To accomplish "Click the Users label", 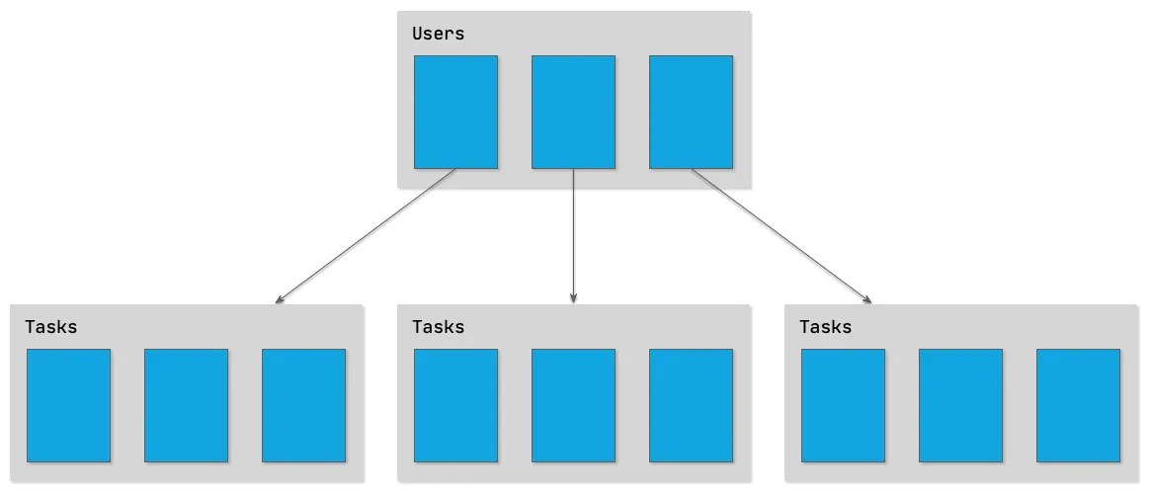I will (x=438, y=34).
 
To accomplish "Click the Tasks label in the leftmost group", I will (x=51, y=326).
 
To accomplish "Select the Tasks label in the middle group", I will (x=438, y=326).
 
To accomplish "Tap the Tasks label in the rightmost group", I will (x=825, y=326).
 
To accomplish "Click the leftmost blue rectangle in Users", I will (x=455, y=112).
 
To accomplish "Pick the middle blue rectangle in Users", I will (x=573, y=112).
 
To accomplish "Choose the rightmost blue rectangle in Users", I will (x=691, y=112).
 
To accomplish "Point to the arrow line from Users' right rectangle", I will (x=781, y=234).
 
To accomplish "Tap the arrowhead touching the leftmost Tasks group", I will (x=282, y=297).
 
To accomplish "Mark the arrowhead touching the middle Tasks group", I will (x=573, y=297).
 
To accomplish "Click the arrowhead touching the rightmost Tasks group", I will (x=866, y=298).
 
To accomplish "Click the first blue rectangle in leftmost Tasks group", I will (x=68, y=405).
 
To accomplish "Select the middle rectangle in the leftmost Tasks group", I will (x=186, y=405).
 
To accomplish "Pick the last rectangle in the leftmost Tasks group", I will (x=303, y=405).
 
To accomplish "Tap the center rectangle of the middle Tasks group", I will (x=573, y=405).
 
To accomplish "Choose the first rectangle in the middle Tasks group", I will (x=455, y=405).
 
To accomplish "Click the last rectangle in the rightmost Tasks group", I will (x=1078, y=405).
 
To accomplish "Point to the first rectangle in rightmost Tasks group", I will (x=843, y=405).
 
